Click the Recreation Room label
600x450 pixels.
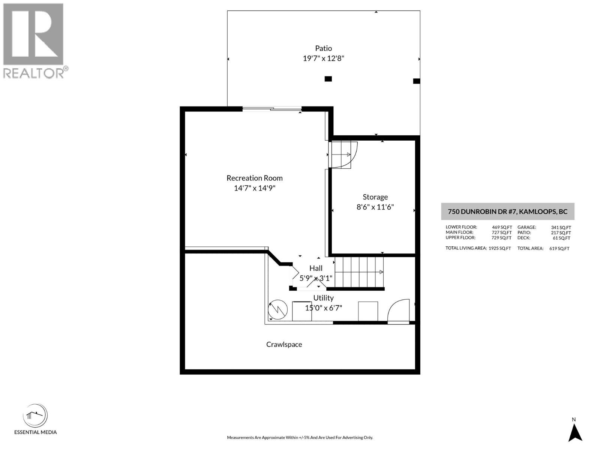(254, 178)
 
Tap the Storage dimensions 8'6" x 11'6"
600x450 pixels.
(375, 207)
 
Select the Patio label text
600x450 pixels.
(323, 48)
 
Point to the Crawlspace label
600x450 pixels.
(284, 344)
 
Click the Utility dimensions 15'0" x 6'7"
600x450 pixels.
(323, 308)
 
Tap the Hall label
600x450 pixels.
(316, 268)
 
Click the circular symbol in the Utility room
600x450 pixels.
(278, 309)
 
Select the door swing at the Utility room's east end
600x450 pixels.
(398, 310)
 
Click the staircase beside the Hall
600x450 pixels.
(359, 271)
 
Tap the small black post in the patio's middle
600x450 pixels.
(328, 79)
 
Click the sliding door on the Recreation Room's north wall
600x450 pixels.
(272, 109)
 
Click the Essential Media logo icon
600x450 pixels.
(35, 415)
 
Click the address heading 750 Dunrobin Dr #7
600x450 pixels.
(507, 211)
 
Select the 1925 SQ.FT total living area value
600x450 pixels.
(499, 248)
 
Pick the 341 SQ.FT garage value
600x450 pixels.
(561, 227)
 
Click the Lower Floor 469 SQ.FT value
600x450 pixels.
(502, 227)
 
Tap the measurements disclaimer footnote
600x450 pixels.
(300, 438)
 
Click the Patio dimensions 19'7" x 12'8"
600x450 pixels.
(323, 58)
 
